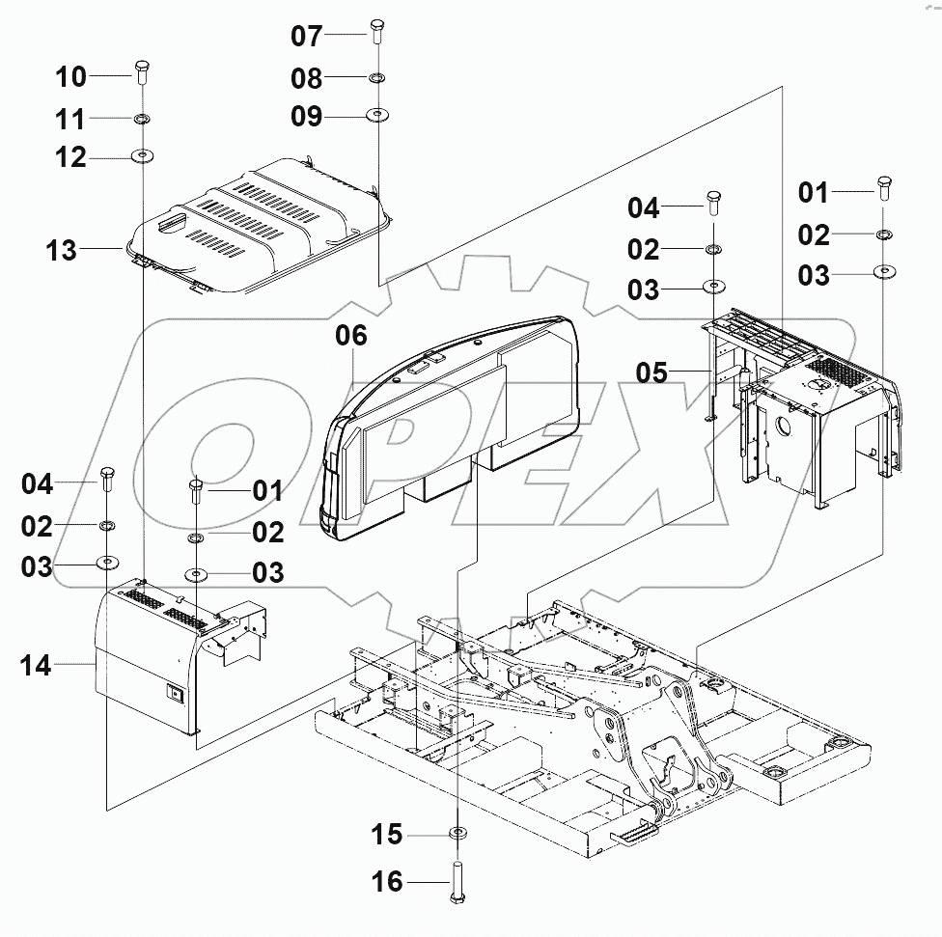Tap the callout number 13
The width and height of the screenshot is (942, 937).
click(60, 251)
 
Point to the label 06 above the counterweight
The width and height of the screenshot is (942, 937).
click(351, 336)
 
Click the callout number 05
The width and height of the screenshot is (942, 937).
click(652, 372)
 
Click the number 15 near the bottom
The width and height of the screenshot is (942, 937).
click(387, 834)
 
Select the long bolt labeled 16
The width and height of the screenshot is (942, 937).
click(457, 882)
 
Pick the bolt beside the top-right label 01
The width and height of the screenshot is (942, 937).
click(883, 185)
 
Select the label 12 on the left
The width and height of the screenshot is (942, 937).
click(70, 157)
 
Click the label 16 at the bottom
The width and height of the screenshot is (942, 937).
click(387, 882)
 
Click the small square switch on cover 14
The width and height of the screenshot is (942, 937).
click(174, 691)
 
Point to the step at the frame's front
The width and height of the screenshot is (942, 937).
click(636, 831)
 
